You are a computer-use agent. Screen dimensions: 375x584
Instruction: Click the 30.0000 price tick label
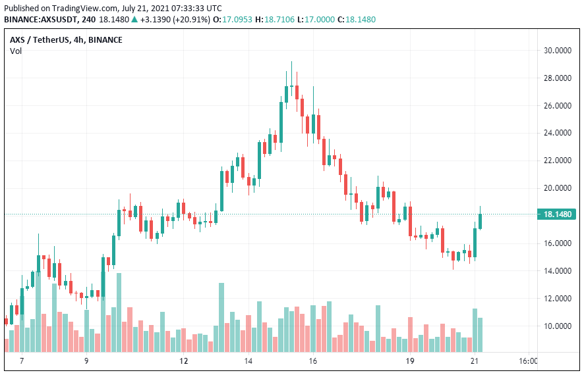point(557,51)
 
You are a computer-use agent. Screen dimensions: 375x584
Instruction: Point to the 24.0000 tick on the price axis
point(557,133)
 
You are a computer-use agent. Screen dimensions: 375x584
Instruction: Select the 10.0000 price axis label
point(557,326)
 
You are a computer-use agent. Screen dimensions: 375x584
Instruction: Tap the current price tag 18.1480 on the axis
point(558,214)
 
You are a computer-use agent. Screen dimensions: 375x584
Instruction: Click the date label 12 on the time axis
point(184,361)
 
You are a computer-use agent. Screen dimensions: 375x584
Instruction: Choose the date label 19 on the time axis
point(410,361)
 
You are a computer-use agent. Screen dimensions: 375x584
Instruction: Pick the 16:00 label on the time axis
point(528,361)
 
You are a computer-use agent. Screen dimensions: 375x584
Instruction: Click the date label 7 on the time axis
point(22,361)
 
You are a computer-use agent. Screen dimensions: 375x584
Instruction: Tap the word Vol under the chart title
point(16,51)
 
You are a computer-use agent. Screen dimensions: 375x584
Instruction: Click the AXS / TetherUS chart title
point(66,39)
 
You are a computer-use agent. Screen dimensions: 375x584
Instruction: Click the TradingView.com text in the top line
point(73,7)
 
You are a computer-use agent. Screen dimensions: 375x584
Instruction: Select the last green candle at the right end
point(481,221)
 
